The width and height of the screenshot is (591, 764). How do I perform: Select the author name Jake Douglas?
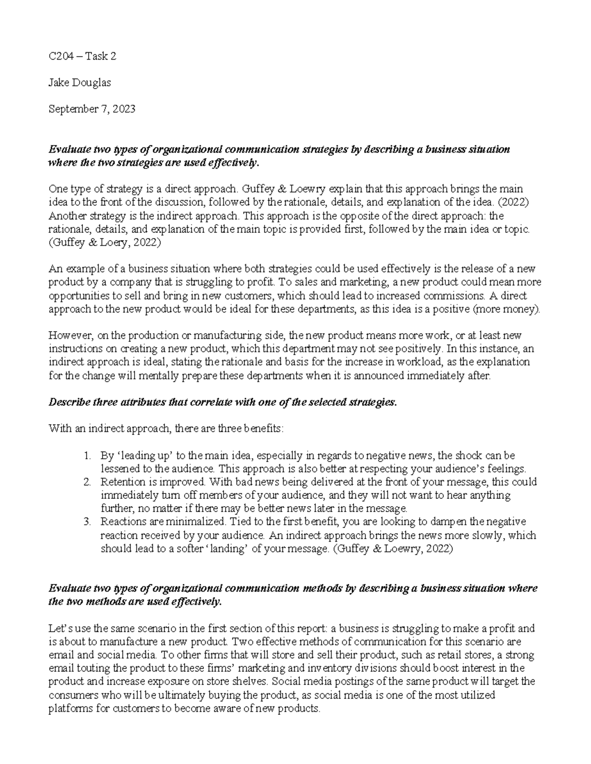click(79, 83)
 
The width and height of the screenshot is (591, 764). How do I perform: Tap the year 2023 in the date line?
click(123, 109)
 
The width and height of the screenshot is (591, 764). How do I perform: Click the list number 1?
click(87, 456)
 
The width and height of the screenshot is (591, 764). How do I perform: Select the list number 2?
click(87, 482)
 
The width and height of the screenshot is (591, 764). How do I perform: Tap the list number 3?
click(87, 521)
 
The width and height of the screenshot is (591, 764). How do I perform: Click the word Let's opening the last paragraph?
click(59, 628)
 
